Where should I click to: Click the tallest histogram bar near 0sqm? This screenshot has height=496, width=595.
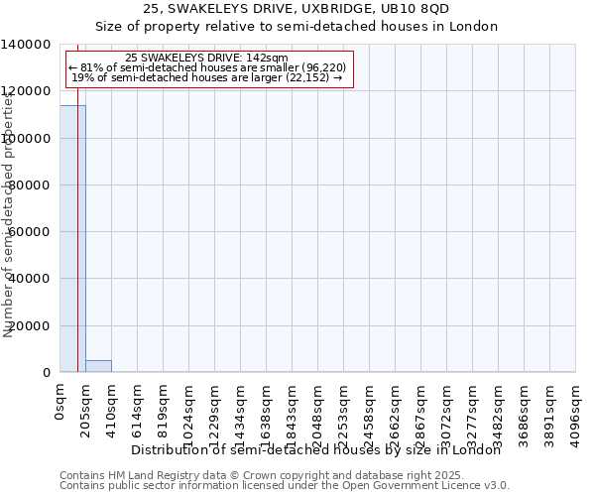coord(72,238)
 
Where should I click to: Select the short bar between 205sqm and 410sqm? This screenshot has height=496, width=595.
coord(98,366)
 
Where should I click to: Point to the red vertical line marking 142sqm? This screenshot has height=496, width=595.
coord(77,248)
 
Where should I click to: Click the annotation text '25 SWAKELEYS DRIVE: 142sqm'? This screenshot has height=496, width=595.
coord(207,59)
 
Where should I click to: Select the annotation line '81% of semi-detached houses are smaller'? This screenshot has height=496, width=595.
coord(207,67)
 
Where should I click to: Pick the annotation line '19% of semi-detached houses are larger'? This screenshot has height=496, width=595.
coord(207,77)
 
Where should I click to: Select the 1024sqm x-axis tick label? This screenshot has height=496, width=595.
coord(189,405)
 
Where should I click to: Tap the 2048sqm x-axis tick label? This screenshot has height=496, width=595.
coord(318,405)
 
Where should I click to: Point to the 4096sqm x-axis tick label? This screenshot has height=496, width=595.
coord(576,405)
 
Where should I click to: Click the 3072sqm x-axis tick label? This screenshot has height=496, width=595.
coord(447,405)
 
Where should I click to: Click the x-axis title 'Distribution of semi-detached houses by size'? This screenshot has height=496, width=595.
coord(316,450)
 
